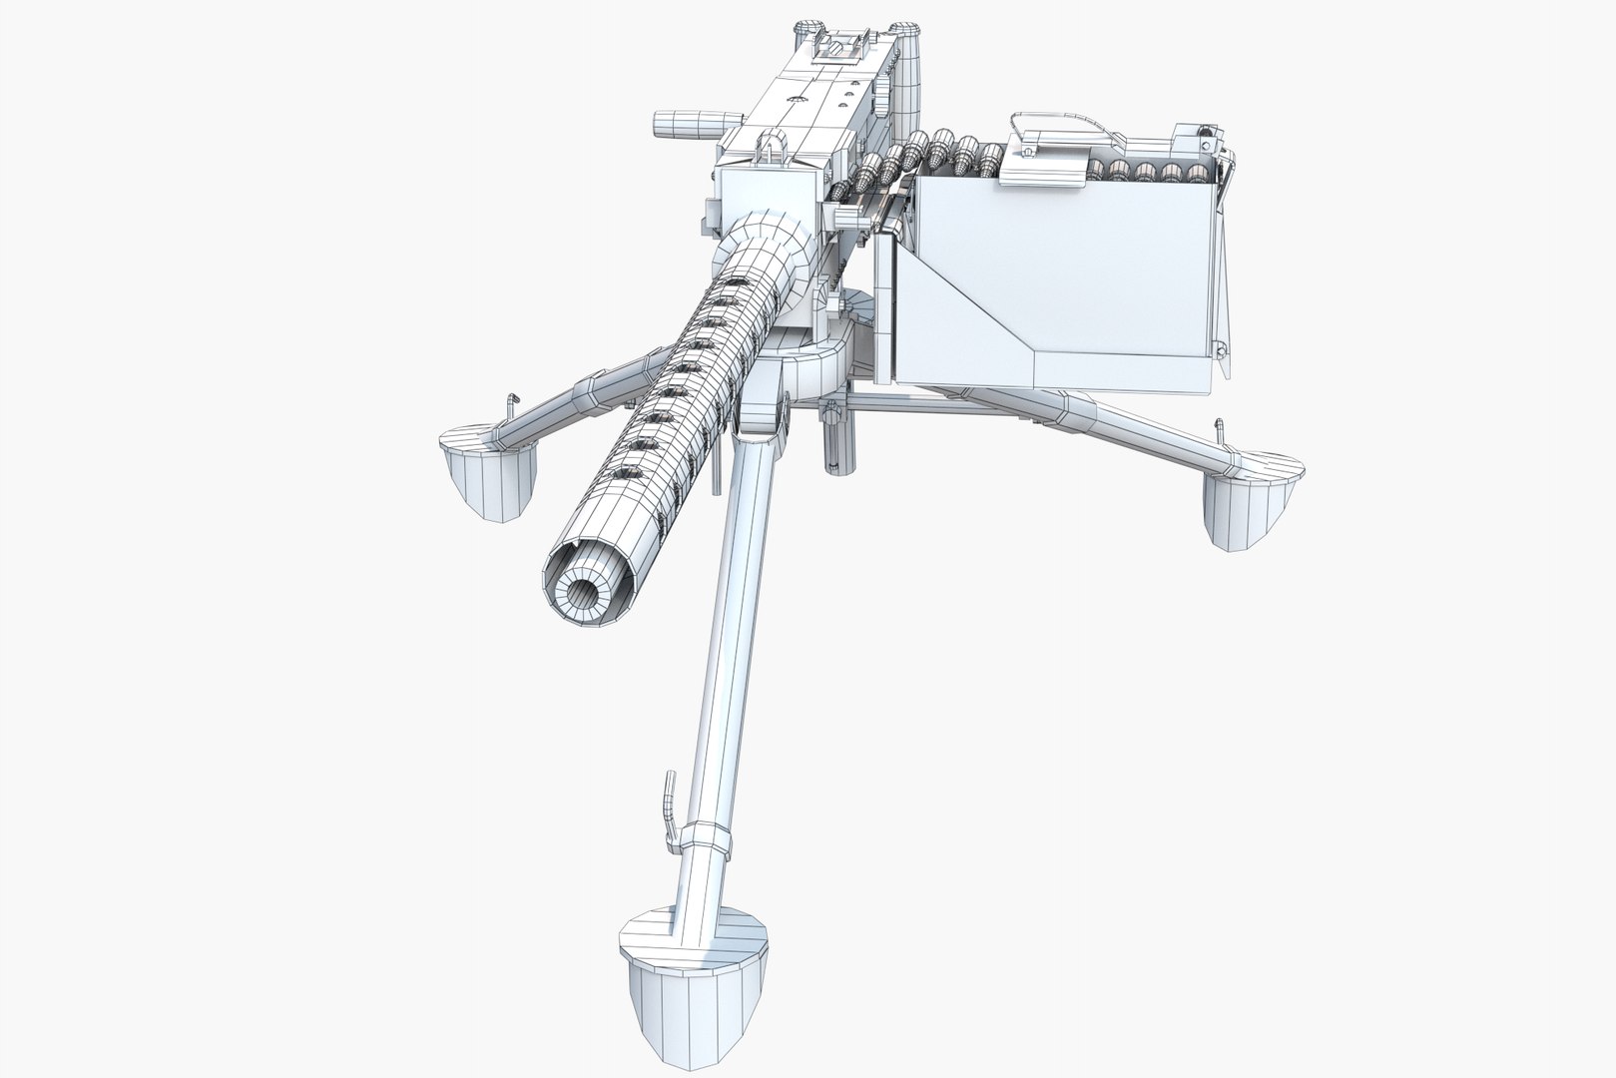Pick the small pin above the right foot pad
1219,430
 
